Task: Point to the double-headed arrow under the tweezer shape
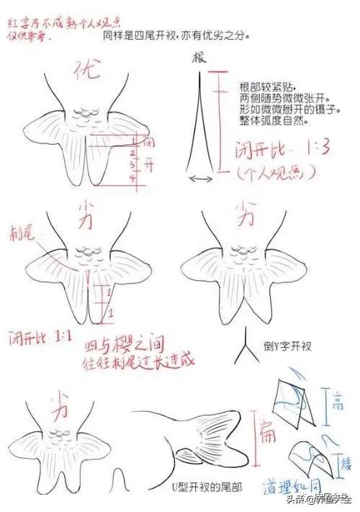pos(201,178)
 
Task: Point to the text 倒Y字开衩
pos(287,346)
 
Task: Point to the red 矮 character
pos(343,460)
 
